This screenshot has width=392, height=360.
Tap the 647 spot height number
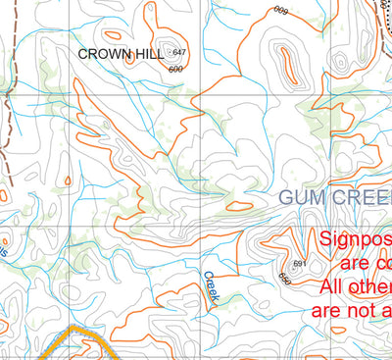pyautogui.click(x=179, y=51)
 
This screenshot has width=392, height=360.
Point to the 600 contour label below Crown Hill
pyautogui.click(x=175, y=69)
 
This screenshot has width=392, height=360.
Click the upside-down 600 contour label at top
pyautogui.click(x=281, y=10)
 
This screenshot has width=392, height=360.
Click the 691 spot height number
pyautogui.click(x=300, y=264)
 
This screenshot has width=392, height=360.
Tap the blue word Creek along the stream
pyautogui.click(x=211, y=285)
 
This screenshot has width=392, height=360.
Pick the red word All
pyautogui.click(x=334, y=287)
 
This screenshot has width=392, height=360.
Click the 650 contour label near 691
pyautogui.click(x=284, y=279)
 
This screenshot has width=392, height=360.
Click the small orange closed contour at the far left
pyautogui.click(x=67, y=180)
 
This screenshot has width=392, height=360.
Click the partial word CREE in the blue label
pyautogui.click(x=359, y=197)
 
